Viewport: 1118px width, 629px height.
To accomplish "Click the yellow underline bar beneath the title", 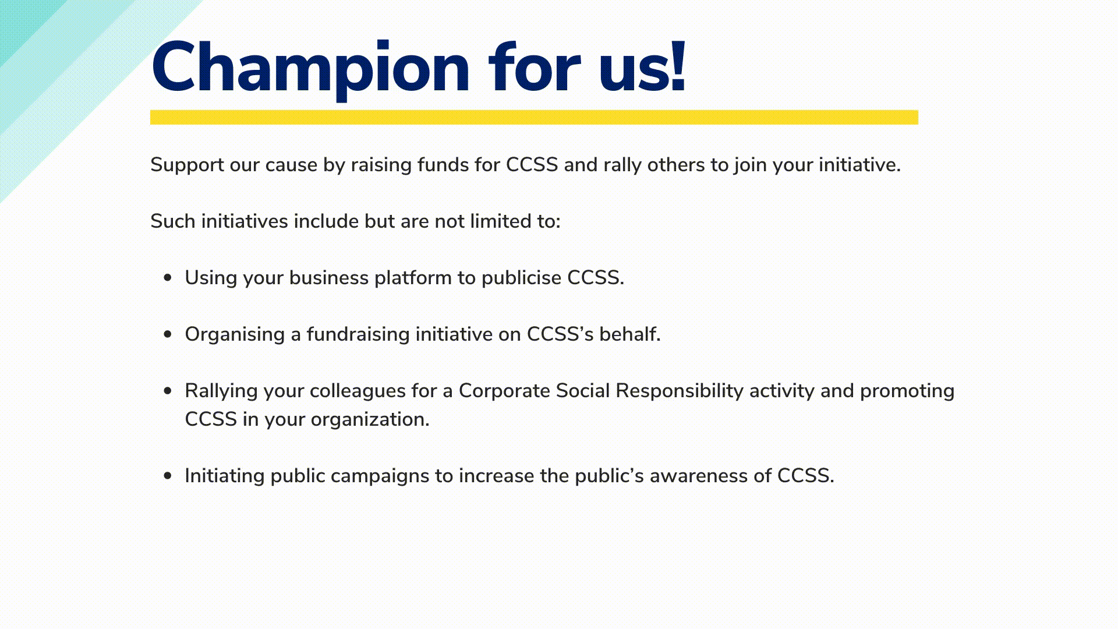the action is point(534,117).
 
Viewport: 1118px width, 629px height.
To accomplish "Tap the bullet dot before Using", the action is point(168,278).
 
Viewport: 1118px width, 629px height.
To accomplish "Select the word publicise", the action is point(521,278).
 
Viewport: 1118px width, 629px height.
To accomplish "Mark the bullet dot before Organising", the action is point(168,334).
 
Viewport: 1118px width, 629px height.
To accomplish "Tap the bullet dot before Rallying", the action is point(168,391).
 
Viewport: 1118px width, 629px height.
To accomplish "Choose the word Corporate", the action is point(504,391).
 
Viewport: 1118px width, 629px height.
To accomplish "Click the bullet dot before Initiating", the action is point(168,476).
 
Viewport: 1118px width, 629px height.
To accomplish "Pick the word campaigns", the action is point(380,476).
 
